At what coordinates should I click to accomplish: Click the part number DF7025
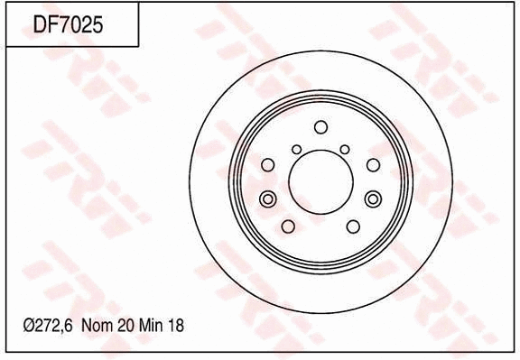coord(69,25)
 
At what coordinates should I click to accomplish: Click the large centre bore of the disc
coord(320,180)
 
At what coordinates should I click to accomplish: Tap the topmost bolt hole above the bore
coord(320,125)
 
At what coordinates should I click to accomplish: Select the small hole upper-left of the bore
coord(297,149)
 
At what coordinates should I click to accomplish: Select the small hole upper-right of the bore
coord(344,149)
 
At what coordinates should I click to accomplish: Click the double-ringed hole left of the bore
coord(267,198)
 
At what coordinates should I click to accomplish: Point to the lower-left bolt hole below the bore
coord(288,226)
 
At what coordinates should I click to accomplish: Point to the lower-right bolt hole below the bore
coord(353,226)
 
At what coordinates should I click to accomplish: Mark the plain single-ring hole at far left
coord(267,164)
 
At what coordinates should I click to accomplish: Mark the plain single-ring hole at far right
coord(374,164)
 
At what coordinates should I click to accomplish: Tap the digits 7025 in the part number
coord(81,25)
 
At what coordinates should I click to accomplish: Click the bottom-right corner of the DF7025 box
coord(138,46)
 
